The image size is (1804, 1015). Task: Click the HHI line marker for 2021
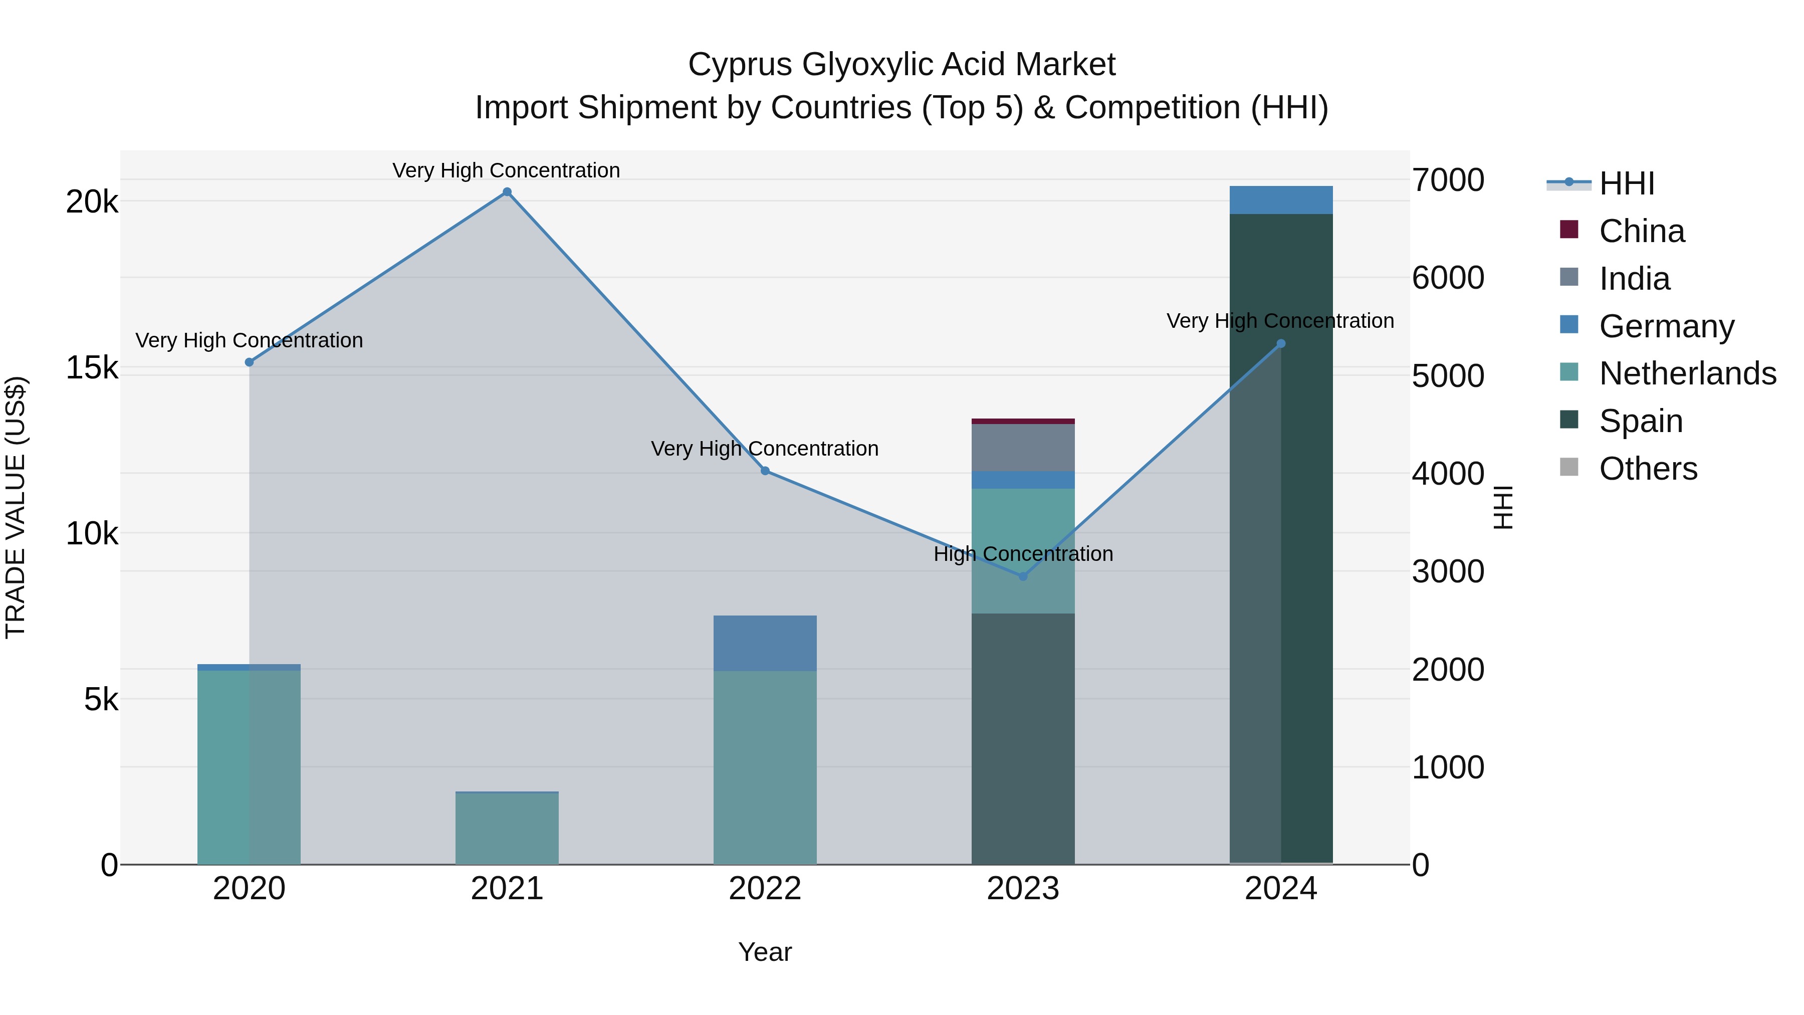click(x=507, y=192)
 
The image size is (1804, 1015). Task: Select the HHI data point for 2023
click(x=1022, y=576)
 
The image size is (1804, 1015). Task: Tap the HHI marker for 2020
click(x=250, y=362)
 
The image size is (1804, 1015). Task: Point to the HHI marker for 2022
click(x=765, y=471)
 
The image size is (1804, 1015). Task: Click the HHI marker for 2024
click(x=1281, y=343)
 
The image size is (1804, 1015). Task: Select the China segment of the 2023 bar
click(x=1022, y=421)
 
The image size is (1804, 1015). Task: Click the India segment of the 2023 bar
click(x=1022, y=448)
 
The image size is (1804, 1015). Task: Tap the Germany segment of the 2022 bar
click(x=765, y=643)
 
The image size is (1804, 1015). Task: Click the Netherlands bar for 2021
click(x=507, y=828)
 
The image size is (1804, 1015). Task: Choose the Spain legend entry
click(x=1641, y=421)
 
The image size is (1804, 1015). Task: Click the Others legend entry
click(x=1648, y=469)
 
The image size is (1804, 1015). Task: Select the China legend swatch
click(x=1569, y=230)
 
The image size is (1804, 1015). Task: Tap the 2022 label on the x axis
click(x=765, y=889)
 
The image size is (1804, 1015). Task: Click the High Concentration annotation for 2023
click(x=1022, y=554)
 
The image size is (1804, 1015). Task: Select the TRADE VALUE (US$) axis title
click(x=16, y=507)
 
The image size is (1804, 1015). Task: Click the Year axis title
click(x=765, y=952)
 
